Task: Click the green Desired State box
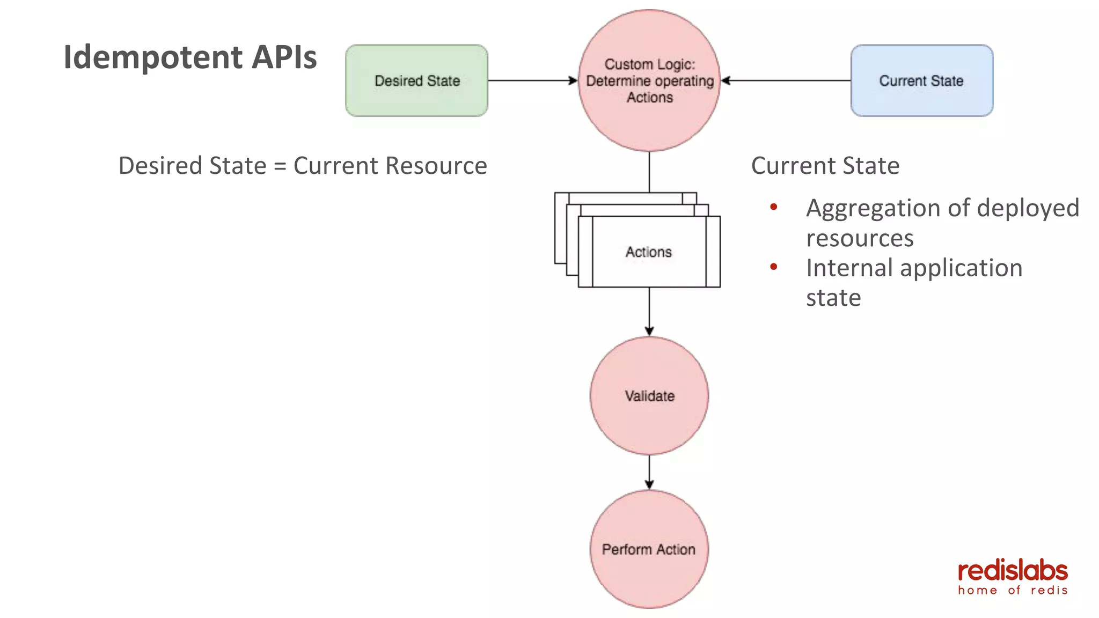point(416,80)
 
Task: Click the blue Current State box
point(921,80)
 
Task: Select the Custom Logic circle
point(649,80)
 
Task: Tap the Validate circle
point(649,396)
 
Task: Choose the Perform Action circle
point(649,549)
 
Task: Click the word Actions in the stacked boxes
point(648,252)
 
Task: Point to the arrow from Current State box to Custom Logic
point(786,80)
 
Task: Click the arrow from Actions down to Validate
point(649,311)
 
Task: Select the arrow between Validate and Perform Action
point(649,472)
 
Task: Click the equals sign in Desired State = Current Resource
point(280,166)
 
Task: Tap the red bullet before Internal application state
point(773,267)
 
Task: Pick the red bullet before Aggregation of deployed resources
point(773,207)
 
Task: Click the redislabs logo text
point(1013,571)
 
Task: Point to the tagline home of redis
point(1013,591)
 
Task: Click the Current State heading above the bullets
point(825,166)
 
